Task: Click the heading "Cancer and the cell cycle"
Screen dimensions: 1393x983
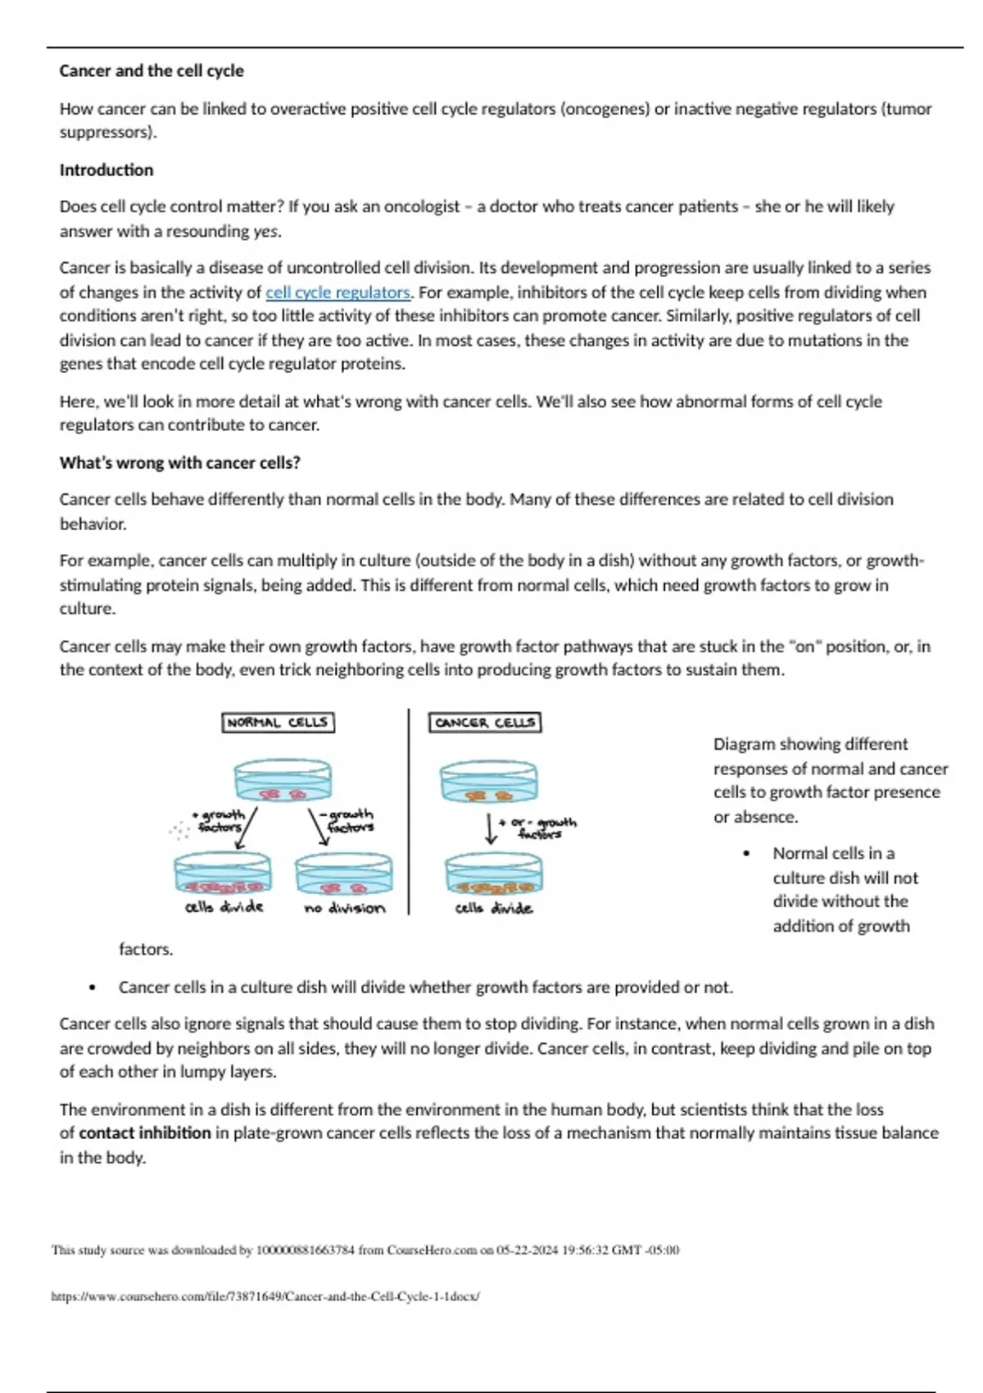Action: [152, 71]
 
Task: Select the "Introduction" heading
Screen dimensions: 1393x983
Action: [106, 170]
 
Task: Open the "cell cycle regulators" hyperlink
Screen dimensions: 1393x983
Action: [337, 293]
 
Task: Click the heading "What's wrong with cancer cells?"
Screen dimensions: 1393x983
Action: [179, 463]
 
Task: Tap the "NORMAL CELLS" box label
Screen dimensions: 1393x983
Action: [278, 723]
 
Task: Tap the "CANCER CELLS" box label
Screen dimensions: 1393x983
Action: [485, 723]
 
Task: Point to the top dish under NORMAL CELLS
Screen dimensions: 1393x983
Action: [283, 781]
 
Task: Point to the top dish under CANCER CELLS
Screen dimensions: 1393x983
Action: [489, 782]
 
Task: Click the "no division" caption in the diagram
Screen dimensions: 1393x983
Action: [344, 908]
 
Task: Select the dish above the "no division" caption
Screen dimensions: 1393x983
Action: [344, 875]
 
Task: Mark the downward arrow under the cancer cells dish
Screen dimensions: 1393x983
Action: [490, 828]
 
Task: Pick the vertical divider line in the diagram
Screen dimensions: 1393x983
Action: [408, 811]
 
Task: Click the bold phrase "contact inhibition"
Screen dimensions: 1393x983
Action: [145, 1133]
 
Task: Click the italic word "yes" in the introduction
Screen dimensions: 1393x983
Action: [266, 232]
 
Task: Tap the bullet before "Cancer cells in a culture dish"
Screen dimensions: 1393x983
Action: [93, 988]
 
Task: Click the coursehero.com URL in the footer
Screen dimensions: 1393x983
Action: [265, 1296]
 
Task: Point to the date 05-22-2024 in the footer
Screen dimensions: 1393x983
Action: [527, 1250]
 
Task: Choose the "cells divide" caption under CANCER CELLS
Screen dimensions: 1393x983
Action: [493, 908]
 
